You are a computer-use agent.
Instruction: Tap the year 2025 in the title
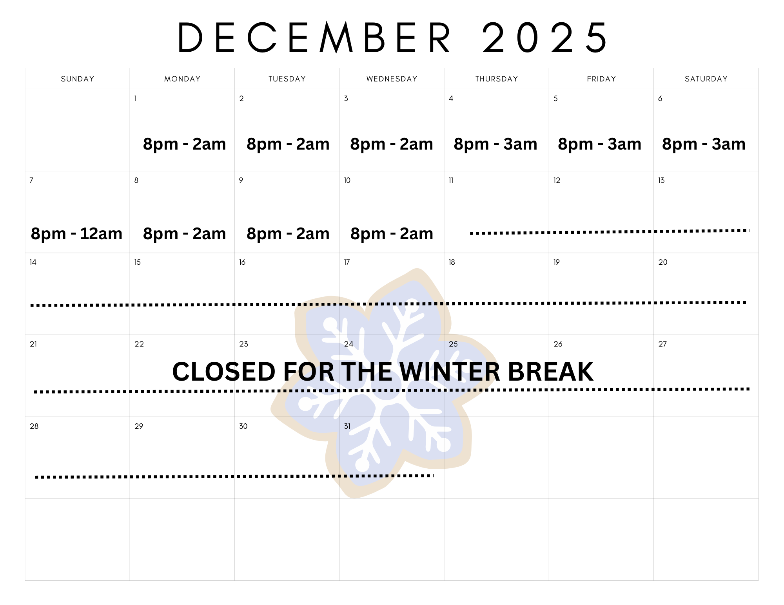tap(545, 38)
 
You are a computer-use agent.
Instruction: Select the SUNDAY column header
tap(78, 79)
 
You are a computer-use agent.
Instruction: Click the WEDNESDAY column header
tap(392, 79)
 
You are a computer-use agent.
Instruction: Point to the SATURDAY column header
tap(706, 79)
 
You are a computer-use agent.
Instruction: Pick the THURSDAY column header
tap(497, 79)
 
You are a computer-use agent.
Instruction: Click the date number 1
tap(136, 99)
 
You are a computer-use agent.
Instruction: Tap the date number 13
tap(661, 181)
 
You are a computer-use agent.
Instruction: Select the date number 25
tap(453, 344)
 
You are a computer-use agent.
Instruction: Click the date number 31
tap(347, 426)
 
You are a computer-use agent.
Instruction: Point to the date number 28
tap(34, 426)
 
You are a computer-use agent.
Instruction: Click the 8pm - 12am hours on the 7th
tap(77, 234)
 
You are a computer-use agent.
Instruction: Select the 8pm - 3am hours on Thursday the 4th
tap(495, 144)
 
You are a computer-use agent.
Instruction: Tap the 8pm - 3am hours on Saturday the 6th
tap(704, 144)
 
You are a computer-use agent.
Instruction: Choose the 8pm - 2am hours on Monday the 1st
tap(184, 144)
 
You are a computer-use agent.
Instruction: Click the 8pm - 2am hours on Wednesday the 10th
tap(392, 234)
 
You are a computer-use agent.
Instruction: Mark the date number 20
tap(662, 262)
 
